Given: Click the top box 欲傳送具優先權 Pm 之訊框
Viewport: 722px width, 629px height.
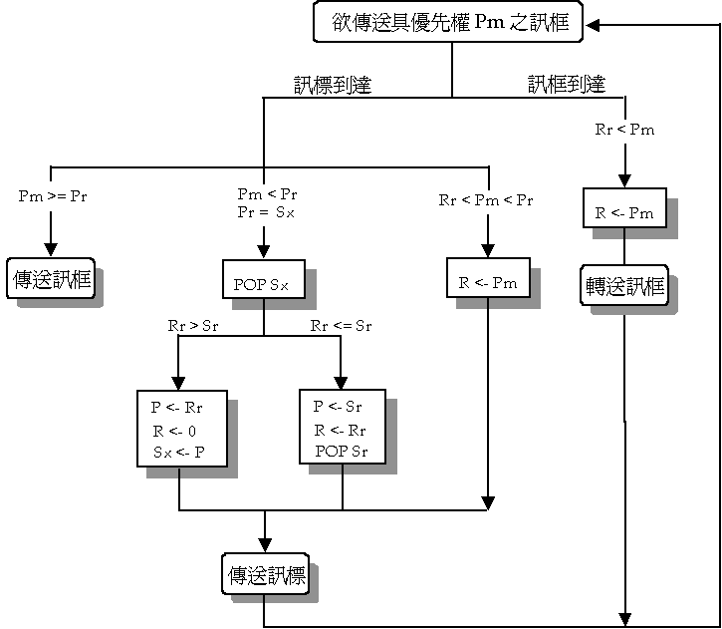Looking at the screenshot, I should pos(452,21).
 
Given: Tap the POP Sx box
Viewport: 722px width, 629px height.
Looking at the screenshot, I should pos(263,284).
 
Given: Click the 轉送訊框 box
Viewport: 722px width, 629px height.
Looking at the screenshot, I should pos(623,287).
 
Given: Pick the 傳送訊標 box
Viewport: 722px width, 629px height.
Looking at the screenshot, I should pos(264,576).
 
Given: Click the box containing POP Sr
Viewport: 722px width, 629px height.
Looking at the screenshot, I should pos(343,428).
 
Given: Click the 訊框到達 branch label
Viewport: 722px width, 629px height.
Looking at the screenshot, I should pos(566,85).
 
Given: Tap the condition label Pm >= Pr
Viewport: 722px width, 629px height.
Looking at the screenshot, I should pos(53,195).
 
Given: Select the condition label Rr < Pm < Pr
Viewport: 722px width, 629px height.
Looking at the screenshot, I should pos(486,200).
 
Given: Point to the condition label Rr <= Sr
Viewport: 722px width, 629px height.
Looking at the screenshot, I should pos(341,325).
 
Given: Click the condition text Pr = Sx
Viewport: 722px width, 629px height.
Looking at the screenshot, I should pos(266,212).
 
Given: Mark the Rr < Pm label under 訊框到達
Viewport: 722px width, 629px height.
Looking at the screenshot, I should pos(624,130).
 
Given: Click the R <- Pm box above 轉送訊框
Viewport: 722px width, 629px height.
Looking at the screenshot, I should pos(623,212).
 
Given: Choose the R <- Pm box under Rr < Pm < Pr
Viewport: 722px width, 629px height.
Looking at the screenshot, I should pos(488,282).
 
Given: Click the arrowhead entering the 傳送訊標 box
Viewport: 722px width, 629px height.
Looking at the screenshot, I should pos(264,546).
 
